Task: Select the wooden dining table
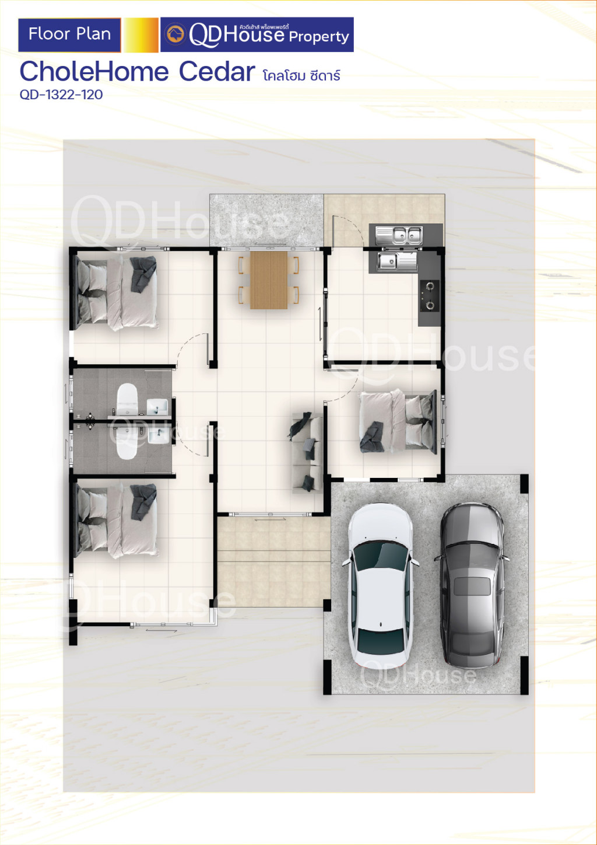point(269,280)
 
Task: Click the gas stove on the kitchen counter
point(430,296)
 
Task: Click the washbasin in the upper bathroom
point(157,407)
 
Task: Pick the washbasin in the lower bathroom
point(158,436)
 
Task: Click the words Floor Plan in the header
point(70,34)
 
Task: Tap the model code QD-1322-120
point(61,95)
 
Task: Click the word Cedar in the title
point(217,71)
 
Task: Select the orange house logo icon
point(175,34)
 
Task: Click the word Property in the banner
point(319,37)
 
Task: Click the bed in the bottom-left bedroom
point(116,520)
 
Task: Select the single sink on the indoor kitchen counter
point(398,261)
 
